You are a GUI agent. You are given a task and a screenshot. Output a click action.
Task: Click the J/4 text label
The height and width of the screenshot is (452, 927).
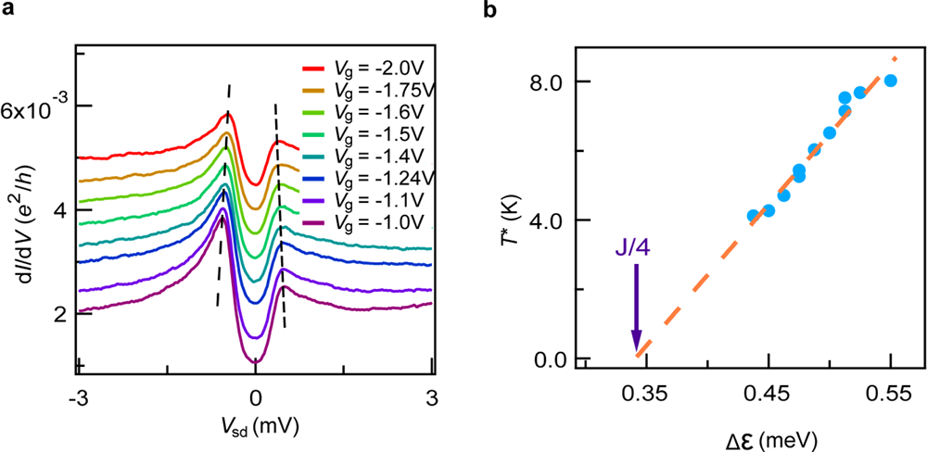tap(635, 249)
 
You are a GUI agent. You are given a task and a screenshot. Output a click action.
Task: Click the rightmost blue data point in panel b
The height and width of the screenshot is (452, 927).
tap(891, 81)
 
